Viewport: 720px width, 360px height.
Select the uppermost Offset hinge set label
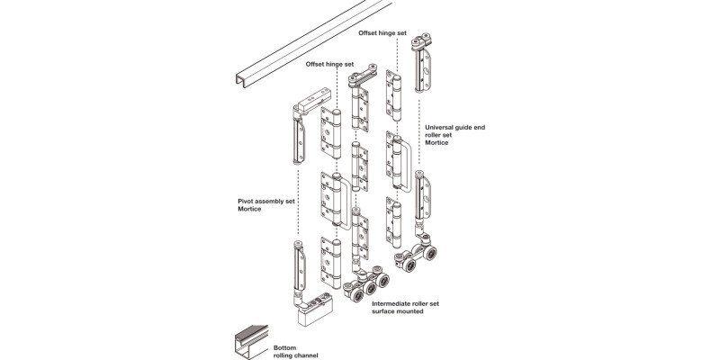coord(395,33)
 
